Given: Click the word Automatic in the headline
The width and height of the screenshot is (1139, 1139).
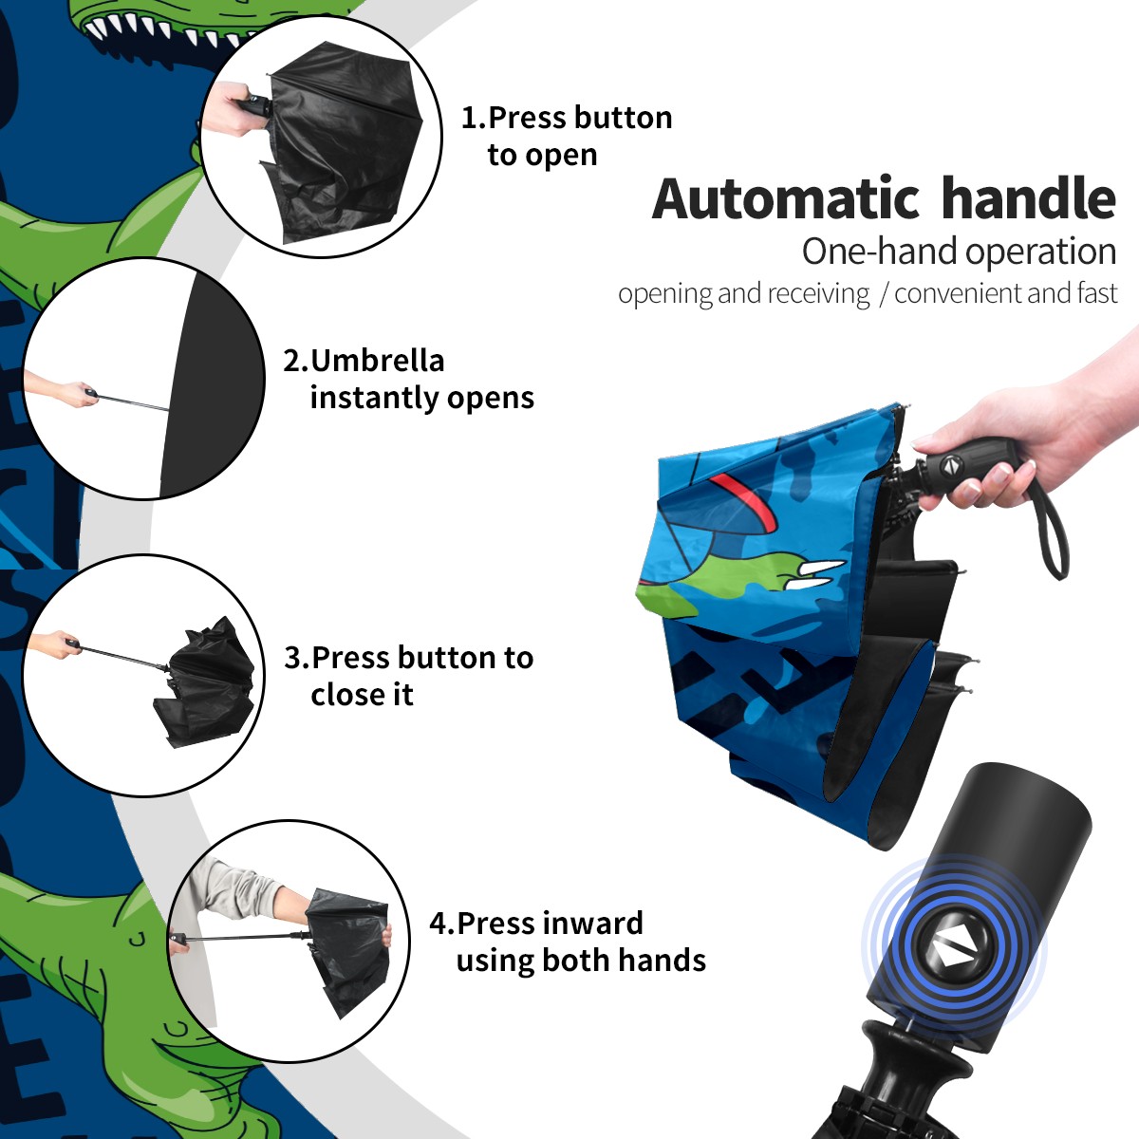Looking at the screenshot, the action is point(786,198).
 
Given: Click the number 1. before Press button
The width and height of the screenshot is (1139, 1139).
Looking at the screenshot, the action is point(474,118).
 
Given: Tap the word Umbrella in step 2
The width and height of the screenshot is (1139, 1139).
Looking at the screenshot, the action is point(378,361).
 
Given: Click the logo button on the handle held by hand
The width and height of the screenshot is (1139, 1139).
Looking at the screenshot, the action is point(949,466).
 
